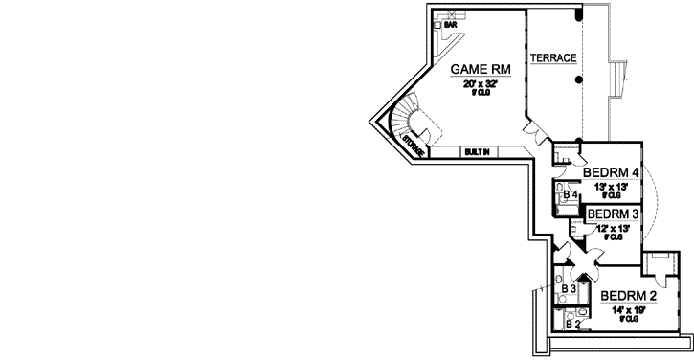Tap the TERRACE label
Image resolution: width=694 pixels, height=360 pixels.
(554, 57)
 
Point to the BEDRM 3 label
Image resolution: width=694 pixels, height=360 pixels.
(613, 214)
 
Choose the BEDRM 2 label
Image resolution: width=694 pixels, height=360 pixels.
(630, 296)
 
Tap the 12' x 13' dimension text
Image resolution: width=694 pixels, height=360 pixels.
(612, 228)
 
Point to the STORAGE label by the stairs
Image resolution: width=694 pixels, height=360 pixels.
(413, 145)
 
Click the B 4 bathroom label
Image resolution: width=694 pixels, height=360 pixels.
(569, 195)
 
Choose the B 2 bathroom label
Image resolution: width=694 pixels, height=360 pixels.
(572, 325)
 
